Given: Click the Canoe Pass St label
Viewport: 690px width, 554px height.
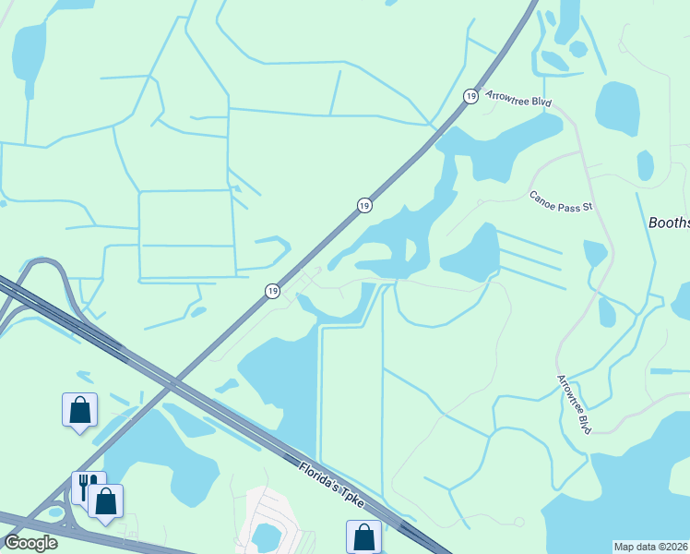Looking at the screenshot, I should coord(560,202).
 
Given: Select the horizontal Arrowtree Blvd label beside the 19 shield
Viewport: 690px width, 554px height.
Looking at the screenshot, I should coord(517,97).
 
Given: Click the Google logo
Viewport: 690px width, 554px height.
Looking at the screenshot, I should coord(30,542).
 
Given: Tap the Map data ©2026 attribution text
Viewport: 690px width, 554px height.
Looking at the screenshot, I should coord(651,547).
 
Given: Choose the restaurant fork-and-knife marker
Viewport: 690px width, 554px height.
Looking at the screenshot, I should coord(87,486).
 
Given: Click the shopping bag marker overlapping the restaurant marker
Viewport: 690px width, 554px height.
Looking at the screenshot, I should coord(106,500).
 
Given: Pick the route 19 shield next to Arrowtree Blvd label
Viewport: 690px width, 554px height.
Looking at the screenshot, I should coord(470,96).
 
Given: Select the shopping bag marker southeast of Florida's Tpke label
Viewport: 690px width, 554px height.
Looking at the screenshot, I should coord(364,536).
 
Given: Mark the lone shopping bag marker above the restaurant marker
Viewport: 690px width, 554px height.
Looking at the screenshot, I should coord(79,409).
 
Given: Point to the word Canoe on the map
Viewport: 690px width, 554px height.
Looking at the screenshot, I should coord(542,198).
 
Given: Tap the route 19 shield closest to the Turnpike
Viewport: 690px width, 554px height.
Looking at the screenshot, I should coord(272,291).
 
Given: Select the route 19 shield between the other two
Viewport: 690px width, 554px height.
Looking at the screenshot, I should coord(364,205).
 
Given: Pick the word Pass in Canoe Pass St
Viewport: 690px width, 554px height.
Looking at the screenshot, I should coord(568,204).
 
